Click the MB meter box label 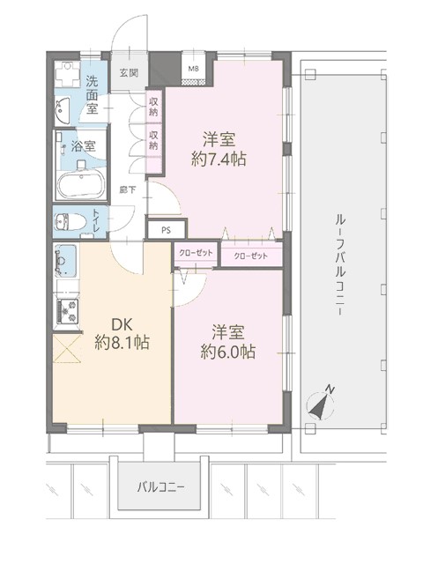(x=194, y=69)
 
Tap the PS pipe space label (x=166, y=231)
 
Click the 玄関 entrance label (x=129, y=73)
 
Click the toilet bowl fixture (x=70, y=222)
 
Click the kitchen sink (x=65, y=260)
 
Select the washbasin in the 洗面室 (x=63, y=109)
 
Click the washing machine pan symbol (x=67, y=74)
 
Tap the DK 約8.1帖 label (x=122, y=334)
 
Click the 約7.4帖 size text (x=219, y=159)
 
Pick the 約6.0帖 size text (x=228, y=352)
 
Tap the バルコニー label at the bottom (x=160, y=487)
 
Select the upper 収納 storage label (x=153, y=107)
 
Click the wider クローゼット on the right (x=250, y=256)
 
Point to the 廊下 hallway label (x=128, y=189)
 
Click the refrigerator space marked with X (x=66, y=348)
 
